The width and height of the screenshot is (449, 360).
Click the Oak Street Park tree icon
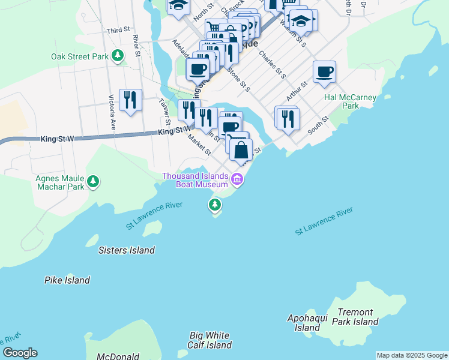(x=118, y=56)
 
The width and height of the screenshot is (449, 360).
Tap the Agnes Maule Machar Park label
(x=52, y=182)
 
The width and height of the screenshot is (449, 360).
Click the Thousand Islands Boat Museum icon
(x=238, y=179)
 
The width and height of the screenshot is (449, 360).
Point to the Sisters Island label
(x=126, y=250)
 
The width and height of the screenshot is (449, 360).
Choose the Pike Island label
(x=67, y=280)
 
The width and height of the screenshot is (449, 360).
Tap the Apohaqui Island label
(x=307, y=323)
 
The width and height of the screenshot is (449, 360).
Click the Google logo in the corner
(x=20, y=353)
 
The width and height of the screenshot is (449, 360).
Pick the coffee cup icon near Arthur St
(x=324, y=73)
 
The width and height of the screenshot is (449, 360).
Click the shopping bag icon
(x=241, y=151)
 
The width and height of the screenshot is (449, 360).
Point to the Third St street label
(x=118, y=30)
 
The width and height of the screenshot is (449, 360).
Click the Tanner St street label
(x=165, y=110)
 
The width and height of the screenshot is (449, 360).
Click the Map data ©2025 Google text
(x=412, y=355)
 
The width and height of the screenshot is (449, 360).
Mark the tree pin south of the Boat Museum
(x=215, y=206)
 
